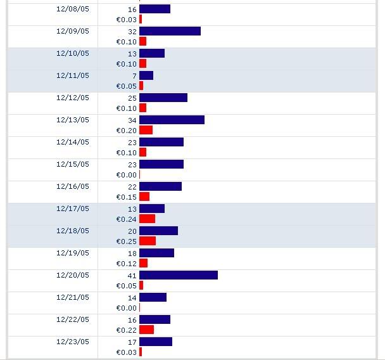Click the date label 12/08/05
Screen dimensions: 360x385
(72, 9)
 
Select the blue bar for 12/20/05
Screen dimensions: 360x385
(179, 275)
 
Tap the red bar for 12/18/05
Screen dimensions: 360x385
(148, 241)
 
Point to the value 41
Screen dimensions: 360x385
(132, 276)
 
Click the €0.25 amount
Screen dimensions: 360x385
(126, 241)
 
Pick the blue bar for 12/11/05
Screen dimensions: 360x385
(146, 75)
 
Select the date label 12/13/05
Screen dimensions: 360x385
(72, 120)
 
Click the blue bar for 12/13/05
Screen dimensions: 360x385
(172, 120)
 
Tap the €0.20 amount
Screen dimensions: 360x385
(126, 131)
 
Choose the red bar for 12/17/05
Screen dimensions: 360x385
(147, 219)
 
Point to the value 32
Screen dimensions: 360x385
(132, 32)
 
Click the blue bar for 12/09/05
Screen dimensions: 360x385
(170, 31)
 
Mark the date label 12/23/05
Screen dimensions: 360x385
(72, 342)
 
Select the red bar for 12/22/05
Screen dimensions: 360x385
(146, 330)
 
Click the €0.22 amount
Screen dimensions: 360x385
(126, 330)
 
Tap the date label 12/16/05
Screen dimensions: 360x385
(72, 186)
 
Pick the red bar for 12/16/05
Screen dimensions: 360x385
(144, 196)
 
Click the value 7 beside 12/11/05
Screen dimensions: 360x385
(134, 76)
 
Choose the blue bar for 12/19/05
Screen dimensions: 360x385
(156, 253)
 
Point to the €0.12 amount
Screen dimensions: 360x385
(126, 264)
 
